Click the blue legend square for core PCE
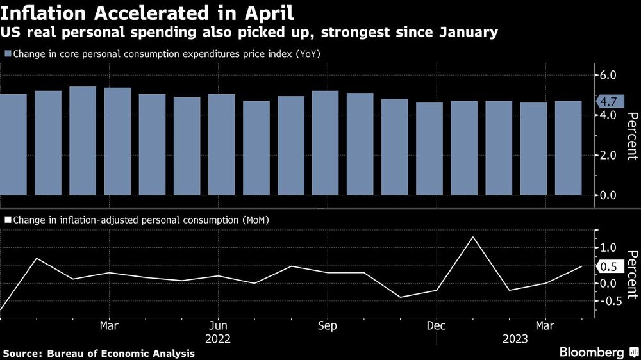click(7, 54)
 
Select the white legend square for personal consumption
click(7, 220)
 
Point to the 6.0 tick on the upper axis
click(610, 75)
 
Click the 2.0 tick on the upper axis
click(610, 155)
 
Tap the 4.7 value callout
click(608, 101)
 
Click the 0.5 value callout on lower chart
click(608, 267)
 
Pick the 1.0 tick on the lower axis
click(609, 248)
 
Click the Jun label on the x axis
click(219, 324)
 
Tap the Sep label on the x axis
click(328, 324)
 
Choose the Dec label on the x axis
click(436, 324)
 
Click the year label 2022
click(219, 339)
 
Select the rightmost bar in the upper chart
click(568, 147)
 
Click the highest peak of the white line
click(473, 237)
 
